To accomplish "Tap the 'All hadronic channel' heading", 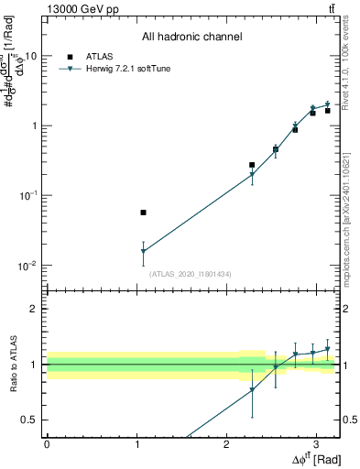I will (x=192, y=38).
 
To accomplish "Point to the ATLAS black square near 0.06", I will (x=143, y=213).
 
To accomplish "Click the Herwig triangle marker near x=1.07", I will (x=143, y=251).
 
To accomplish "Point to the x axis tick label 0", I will (x=47, y=443).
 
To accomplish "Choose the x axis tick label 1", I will (x=136, y=443).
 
